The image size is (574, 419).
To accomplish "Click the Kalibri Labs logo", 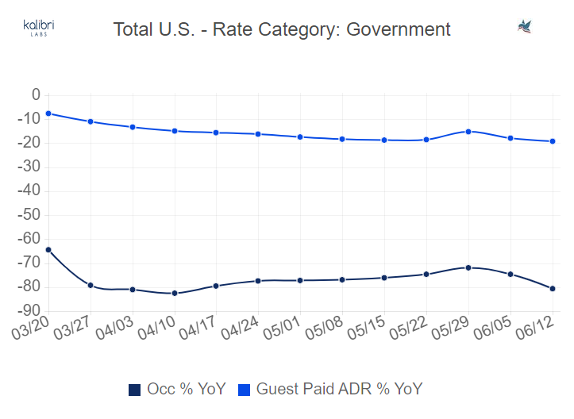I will pyautogui.click(x=39, y=29).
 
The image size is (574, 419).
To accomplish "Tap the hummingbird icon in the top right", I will pyautogui.click(x=524, y=27).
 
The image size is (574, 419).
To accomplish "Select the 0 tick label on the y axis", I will pyautogui.click(x=35, y=95).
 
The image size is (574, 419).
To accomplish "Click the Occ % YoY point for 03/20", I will pyautogui.click(x=48, y=249).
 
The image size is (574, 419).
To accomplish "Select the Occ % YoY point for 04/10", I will pyautogui.click(x=175, y=293).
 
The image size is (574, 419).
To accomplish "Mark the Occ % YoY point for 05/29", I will pyautogui.click(x=468, y=267).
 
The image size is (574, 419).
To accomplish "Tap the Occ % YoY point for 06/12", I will pyautogui.click(x=553, y=289).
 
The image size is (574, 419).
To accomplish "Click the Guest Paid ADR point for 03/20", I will pyautogui.click(x=48, y=113).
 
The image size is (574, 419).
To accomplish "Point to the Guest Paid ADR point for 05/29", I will pyautogui.click(x=468, y=132).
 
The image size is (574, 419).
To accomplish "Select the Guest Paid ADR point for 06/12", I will pyautogui.click(x=553, y=141).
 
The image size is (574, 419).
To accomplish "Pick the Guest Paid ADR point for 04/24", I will pyautogui.click(x=258, y=134).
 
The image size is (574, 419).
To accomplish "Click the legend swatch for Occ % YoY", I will pyautogui.click(x=134, y=389).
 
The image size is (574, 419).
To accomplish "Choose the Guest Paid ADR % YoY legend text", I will pyautogui.click(x=339, y=389).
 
